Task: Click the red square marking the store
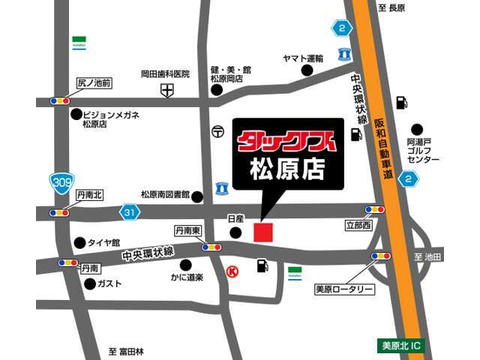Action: point(263,232)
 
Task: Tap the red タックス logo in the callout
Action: point(288,140)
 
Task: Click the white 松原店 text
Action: point(289,169)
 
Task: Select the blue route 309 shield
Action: point(61,181)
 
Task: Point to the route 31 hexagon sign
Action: point(130,213)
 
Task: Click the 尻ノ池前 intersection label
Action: point(94,84)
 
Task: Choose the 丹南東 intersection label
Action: point(187,231)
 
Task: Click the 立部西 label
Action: point(358,224)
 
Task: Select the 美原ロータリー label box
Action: point(344,289)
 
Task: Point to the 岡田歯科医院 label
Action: point(166,74)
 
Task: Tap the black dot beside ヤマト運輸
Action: point(307,70)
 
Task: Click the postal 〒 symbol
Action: point(217,130)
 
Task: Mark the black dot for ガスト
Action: point(90,283)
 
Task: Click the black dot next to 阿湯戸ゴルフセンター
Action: point(417,130)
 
